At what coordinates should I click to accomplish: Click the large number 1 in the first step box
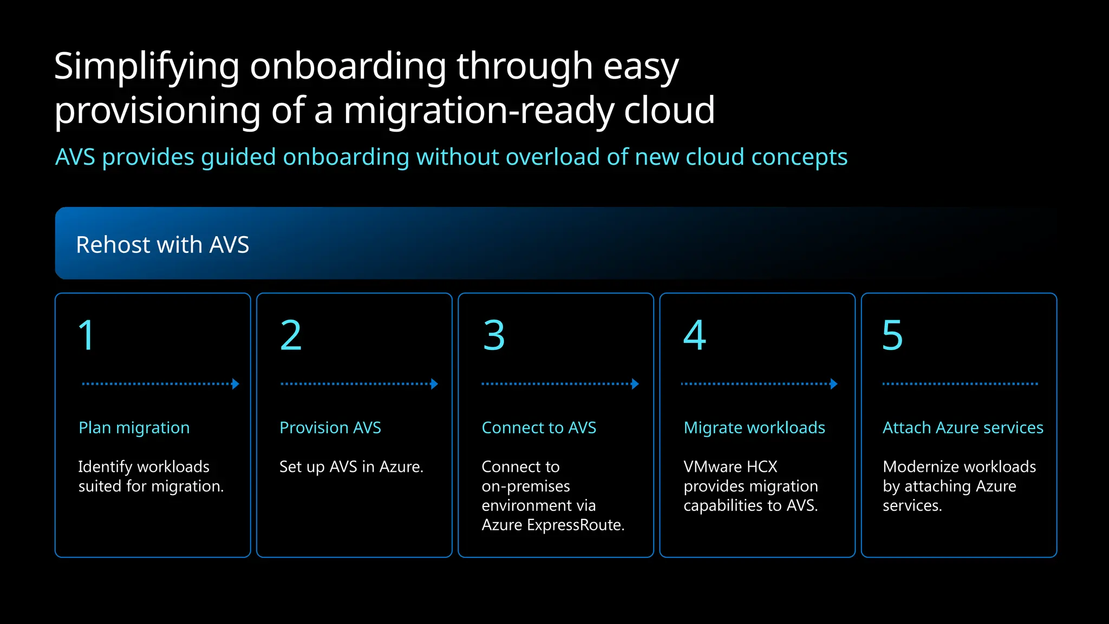87,335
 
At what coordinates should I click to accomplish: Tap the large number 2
291,335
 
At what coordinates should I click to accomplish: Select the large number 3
494,335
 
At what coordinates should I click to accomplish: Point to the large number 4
695,335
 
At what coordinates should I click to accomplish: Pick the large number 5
892,335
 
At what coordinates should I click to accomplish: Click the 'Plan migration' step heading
134,428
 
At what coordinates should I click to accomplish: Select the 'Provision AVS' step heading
330,428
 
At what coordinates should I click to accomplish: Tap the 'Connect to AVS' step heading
539,428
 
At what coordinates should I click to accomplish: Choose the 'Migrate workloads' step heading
754,428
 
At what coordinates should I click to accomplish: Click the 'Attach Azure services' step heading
963,428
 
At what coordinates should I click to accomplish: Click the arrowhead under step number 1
236,384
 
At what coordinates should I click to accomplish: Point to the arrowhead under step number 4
834,384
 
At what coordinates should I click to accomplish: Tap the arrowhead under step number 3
635,384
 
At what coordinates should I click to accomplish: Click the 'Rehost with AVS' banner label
162,245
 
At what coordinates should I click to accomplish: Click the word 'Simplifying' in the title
147,67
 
